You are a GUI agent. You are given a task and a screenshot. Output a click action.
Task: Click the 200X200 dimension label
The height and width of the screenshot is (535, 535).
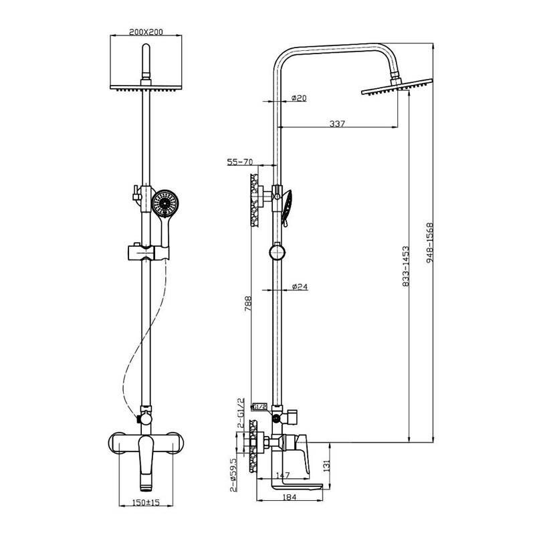click(x=146, y=31)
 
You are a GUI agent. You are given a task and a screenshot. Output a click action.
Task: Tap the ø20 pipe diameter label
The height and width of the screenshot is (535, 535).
click(x=299, y=98)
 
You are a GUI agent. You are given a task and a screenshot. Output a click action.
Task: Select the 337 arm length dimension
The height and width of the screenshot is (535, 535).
click(x=337, y=123)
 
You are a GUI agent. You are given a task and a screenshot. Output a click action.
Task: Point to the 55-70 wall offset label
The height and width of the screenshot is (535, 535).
click(x=240, y=162)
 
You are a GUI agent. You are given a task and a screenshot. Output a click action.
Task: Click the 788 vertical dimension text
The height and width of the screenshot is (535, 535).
click(x=247, y=304)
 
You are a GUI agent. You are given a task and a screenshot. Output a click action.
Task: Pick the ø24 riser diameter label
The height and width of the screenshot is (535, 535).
click(x=300, y=286)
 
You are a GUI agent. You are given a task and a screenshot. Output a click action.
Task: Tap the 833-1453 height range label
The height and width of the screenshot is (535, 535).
click(x=406, y=266)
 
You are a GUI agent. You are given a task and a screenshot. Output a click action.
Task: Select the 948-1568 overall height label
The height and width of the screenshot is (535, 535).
click(x=429, y=243)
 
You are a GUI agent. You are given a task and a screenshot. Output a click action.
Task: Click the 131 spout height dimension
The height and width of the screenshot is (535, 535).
click(x=326, y=465)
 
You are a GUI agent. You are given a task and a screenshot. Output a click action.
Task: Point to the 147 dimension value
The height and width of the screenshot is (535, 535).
click(x=282, y=475)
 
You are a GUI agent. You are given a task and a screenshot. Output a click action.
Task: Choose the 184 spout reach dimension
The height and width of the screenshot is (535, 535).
click(x=290, y=497)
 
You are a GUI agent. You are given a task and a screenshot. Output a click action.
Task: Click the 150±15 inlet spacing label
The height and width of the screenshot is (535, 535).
click(x=146, y=502)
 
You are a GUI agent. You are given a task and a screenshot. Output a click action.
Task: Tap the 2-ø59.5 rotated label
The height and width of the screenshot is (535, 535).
click(x=233, y=474)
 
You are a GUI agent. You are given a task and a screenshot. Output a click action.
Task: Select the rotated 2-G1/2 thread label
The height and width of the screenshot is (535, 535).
click(x=241, y=413)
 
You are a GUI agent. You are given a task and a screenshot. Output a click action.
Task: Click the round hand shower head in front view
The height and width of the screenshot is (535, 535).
click(x=165, y=203)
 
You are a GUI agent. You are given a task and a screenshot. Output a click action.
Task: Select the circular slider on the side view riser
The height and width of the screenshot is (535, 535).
click(x=277, y=252)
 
